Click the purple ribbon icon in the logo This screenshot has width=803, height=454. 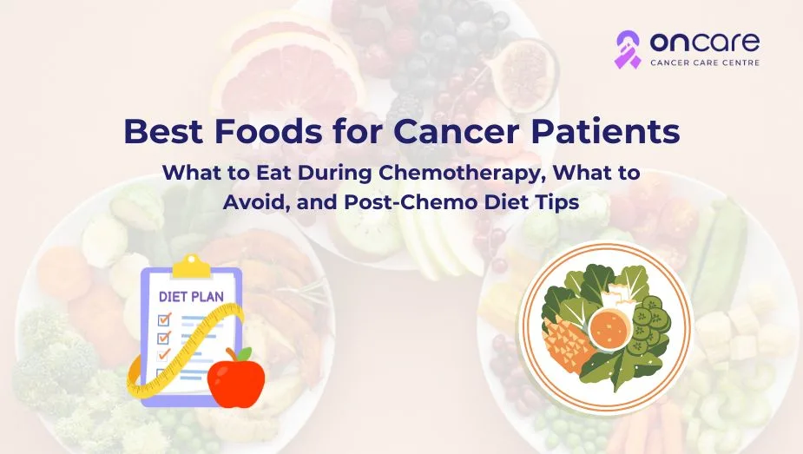628,49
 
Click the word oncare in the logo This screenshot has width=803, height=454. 705,43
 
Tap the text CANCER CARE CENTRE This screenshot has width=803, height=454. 705,63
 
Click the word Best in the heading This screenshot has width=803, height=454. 163,131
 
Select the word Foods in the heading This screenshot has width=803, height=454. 268,131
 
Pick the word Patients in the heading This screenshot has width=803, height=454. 605,131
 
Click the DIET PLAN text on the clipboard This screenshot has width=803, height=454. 191,297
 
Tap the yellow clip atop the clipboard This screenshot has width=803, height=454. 192,266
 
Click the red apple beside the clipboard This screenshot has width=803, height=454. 236,378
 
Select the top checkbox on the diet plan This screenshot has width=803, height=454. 164,319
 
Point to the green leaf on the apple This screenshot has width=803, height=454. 244,353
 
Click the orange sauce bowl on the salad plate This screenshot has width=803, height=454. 610,330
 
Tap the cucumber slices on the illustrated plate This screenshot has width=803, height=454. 650,324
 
